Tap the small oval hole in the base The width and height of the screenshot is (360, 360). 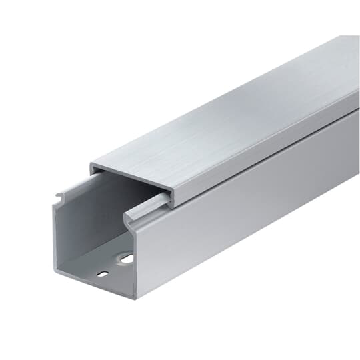coord(102,273)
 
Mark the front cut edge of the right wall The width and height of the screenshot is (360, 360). coord(133,260)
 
